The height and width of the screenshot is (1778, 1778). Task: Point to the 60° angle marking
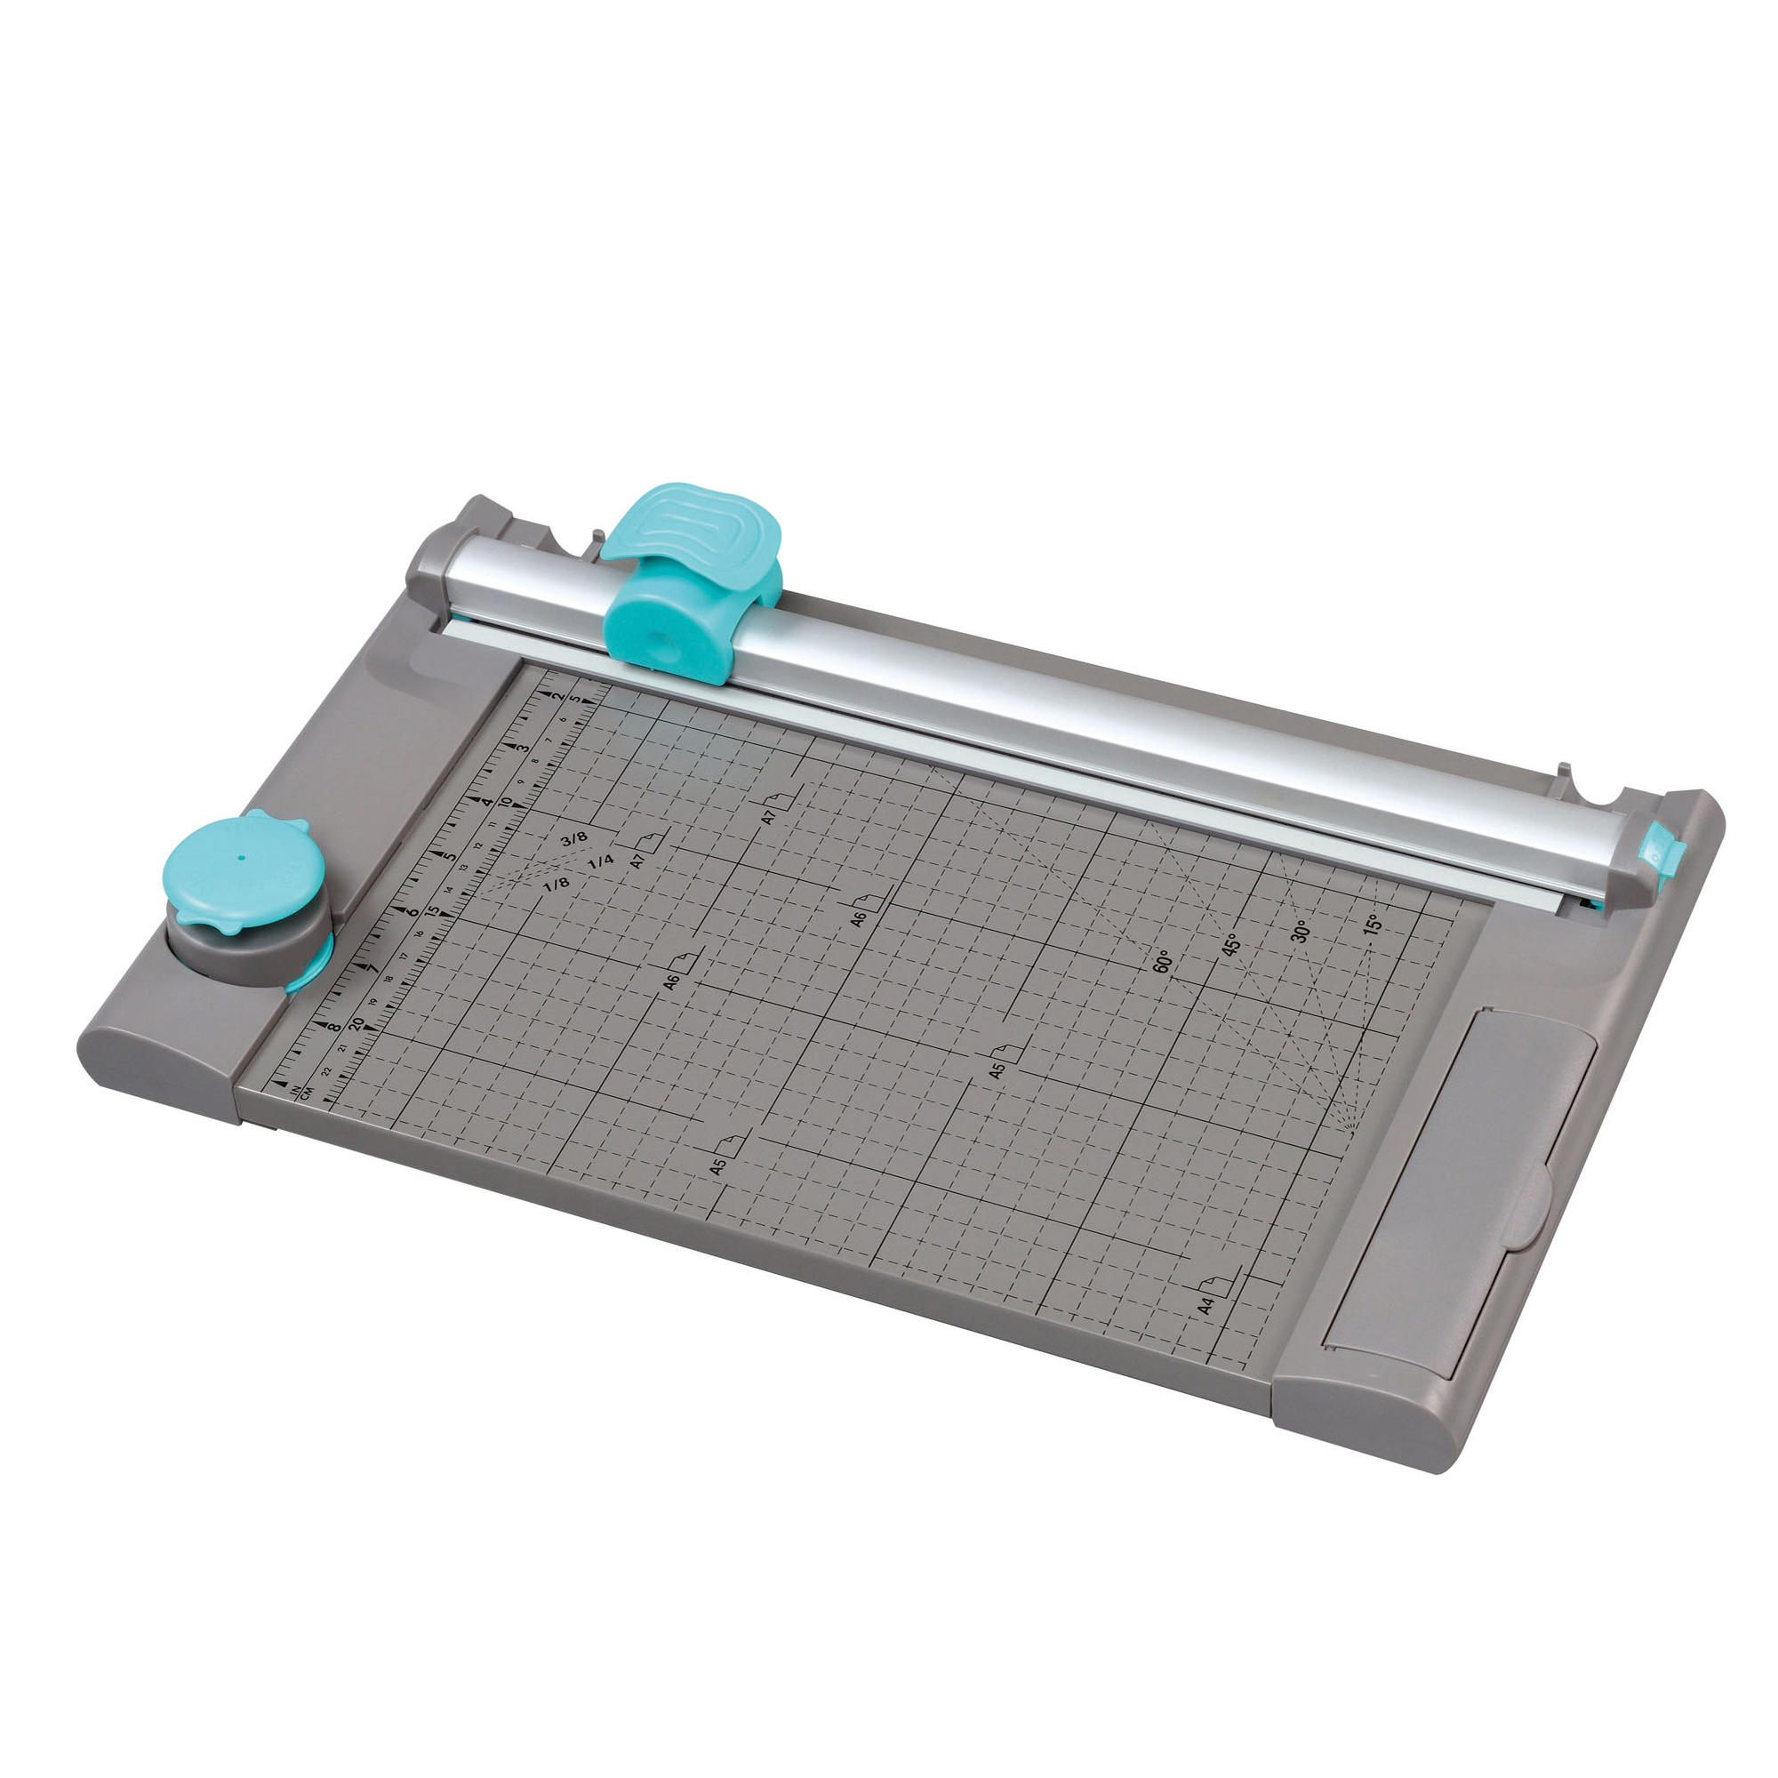(x=1162, y=962)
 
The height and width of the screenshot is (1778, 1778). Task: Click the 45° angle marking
(x=1231, y=944)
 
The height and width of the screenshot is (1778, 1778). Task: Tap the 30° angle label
(x=1300, y=931)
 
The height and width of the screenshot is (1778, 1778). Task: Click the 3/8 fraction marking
(x=573, y=838)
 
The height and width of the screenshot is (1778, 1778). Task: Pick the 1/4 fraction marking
(x=600, y=862)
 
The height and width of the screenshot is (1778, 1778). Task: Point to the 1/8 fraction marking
(x=556, y=885)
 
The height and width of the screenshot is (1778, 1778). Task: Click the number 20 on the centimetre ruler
(x=356, y=1022)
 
